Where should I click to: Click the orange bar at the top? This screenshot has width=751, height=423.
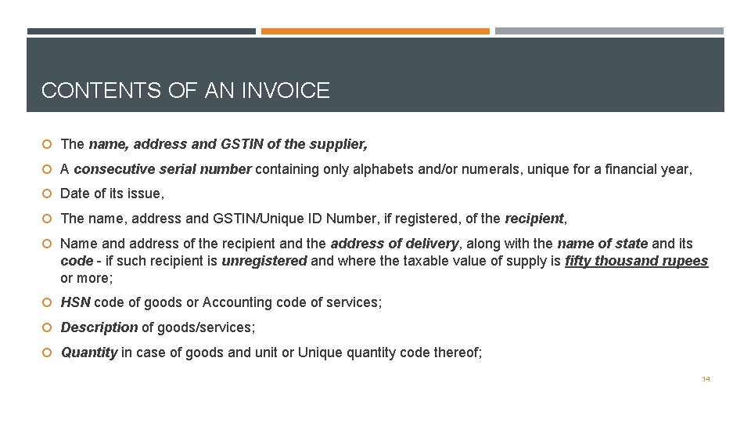coord(375,31)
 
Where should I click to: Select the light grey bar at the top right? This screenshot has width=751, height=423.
coord(609,31)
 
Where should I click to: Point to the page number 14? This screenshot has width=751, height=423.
coord(706,379)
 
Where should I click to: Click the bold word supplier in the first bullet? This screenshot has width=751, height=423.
coord(340,144)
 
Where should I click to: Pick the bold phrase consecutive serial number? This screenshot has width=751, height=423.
coord(163,168)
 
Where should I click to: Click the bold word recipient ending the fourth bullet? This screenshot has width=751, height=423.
coord(534,218)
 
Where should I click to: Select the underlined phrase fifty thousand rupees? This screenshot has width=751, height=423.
coord(636,261)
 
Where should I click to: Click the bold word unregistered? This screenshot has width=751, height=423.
coord(264,261)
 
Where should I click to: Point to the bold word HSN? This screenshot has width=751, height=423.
coord(75,302)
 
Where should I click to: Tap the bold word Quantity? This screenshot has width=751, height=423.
coord(89,352)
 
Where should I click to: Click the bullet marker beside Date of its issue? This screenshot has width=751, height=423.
coord(48,193)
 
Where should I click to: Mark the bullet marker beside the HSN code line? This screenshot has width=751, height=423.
coord(48,302)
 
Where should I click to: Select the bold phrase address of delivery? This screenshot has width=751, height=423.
coord(394,244)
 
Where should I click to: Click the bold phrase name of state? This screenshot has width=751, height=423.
coord(602,244)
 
